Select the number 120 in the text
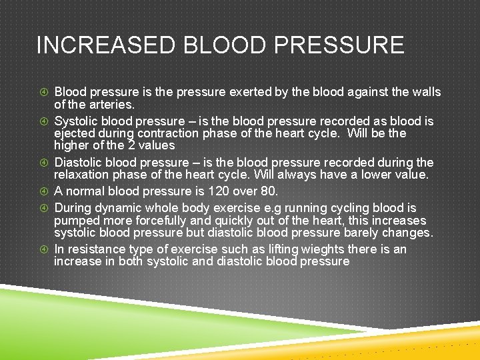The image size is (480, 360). [216, 192]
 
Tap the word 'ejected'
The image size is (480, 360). [75, 133]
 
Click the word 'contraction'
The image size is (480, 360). [184, 133]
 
